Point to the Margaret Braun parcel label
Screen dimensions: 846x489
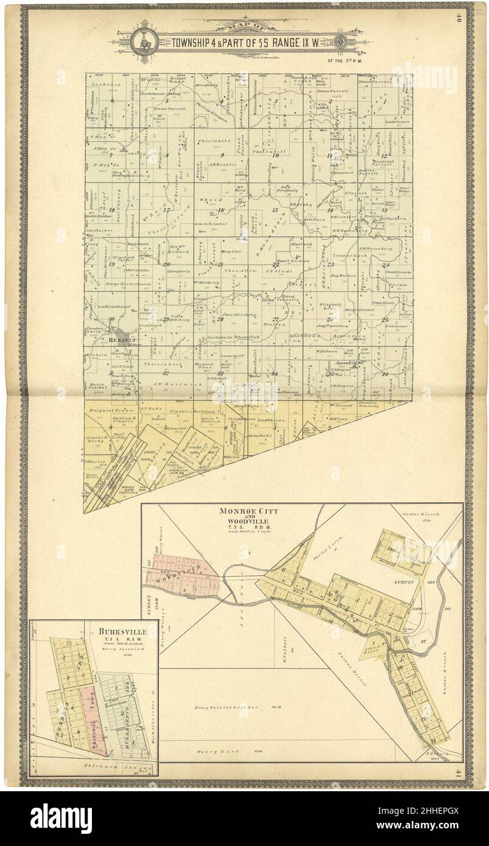coord(110,411)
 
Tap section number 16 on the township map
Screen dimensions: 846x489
coord(222,211)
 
